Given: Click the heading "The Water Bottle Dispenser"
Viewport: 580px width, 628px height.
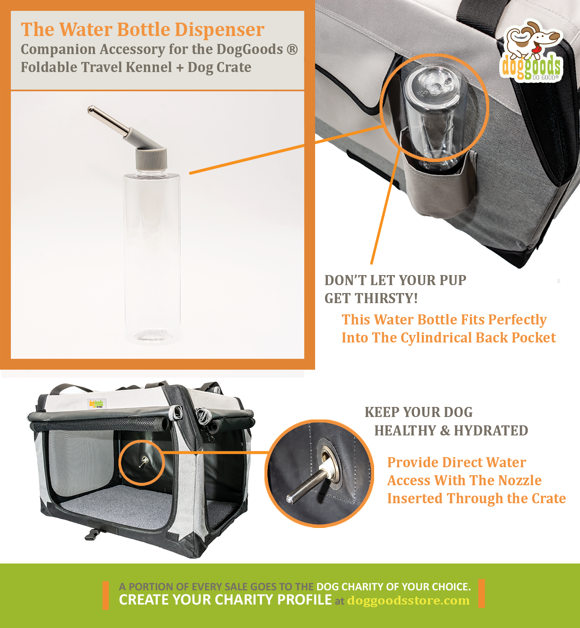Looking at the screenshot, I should (x=142, y=29).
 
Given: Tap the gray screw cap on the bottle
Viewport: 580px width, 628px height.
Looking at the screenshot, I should (x=151, y=159).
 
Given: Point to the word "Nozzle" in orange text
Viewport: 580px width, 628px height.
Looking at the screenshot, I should (x=522, y=480).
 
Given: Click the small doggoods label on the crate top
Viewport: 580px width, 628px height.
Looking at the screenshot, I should (x=96, y=404).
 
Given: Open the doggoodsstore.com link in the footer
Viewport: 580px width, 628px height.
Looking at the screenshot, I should (x=408, y=600).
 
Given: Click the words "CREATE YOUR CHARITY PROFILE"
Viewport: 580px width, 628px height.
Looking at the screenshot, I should (x=225, y=600).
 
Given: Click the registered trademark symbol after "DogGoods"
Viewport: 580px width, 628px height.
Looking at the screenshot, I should (x=292, y=49).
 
